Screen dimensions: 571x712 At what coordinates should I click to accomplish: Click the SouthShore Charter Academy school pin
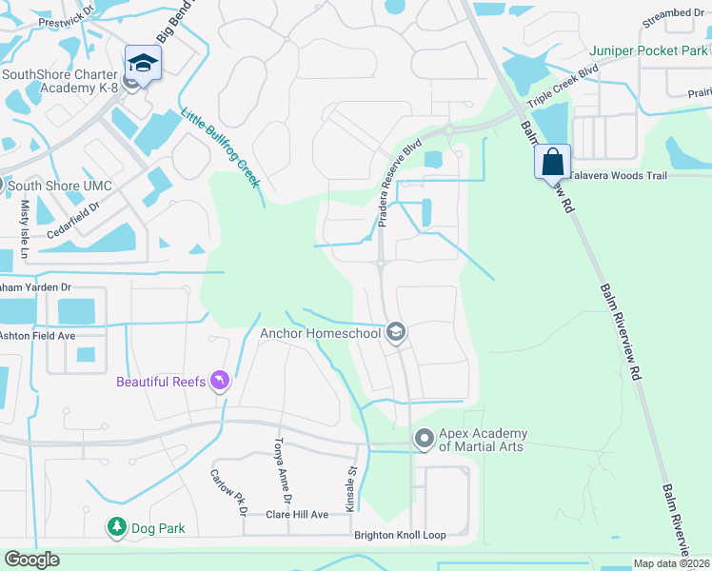144,64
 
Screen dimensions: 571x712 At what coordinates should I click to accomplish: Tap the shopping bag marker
552,162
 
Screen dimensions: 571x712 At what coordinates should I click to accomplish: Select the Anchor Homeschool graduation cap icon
396,332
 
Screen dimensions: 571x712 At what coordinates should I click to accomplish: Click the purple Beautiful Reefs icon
221,382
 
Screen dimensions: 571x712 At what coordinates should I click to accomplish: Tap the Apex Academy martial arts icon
424,439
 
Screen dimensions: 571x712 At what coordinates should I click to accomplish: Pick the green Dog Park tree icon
116,526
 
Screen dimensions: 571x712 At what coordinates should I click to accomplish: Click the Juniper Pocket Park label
649,50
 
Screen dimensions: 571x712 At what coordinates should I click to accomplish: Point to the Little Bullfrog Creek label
221,147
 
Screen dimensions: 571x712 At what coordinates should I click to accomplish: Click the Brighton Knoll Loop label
400,536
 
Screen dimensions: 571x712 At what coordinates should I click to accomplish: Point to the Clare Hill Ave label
297,515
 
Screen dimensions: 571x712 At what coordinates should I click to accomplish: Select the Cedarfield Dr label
72,221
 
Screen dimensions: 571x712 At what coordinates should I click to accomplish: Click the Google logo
31,560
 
